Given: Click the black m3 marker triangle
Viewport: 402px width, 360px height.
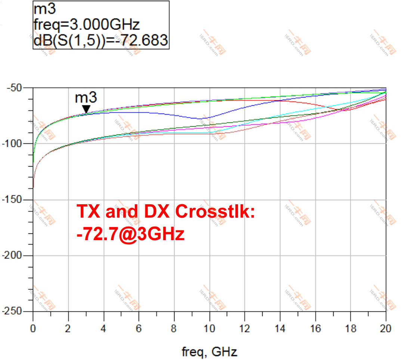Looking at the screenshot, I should pos(86,109).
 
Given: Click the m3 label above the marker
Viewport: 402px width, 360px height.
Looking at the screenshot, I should pos(86,98).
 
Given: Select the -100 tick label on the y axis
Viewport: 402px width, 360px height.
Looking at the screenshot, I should pos(15,144).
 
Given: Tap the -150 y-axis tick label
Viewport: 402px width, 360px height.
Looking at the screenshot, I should pos(15,200).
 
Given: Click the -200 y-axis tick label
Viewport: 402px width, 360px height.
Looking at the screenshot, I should pos(15,256).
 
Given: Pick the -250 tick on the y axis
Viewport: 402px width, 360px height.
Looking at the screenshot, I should pos(15,311).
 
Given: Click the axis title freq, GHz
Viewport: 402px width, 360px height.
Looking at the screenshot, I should pos(209,351).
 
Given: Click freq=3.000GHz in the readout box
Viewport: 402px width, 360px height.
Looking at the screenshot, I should pos(87,25).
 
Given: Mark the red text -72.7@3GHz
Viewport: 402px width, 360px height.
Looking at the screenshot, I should pos(130,234).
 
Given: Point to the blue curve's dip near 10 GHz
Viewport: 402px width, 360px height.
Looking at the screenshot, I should pos(202,119).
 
